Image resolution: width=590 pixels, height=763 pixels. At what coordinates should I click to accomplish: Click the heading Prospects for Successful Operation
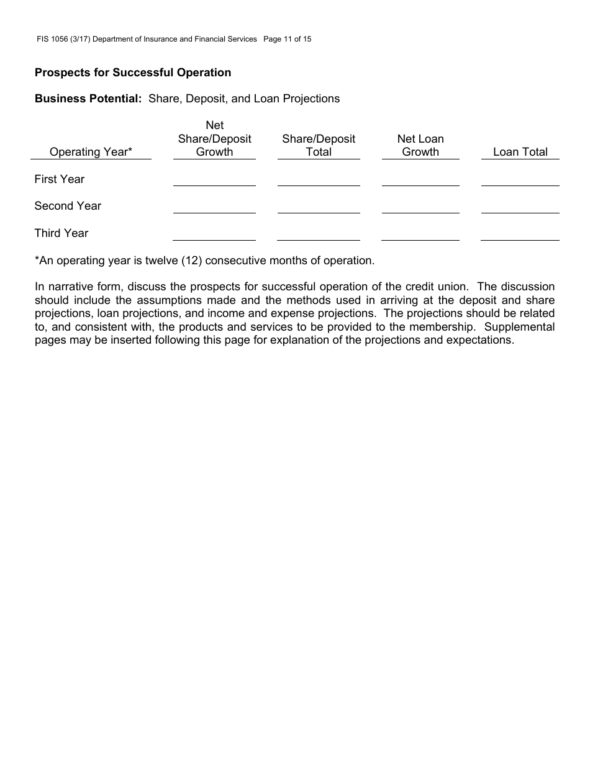pyautogui.click(x=133, y=73)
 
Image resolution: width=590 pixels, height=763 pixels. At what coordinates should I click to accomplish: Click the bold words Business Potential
pyautogui.click(x=88, y=99)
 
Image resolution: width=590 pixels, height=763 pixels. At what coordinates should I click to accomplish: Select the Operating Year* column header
pyautogui.click(x=91, y=152)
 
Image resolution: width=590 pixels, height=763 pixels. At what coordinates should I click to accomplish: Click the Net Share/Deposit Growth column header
pyautogui.click(x=214, y=139)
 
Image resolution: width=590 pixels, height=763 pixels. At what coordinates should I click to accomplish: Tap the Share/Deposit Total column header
pyautogui.click(x=319, y=145)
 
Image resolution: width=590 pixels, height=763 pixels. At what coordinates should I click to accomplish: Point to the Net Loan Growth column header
pyautogui.click(x=420, y=145)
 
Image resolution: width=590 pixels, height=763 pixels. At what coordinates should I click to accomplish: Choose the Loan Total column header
pyautogui.click(x=520, y=152)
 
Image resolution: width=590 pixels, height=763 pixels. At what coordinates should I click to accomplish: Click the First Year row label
pyautogui.click(x=60, y=179)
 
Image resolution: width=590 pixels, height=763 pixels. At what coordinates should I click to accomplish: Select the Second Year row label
pyautogui.click(x=68, y=206)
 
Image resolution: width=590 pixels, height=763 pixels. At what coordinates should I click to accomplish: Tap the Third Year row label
pyautogui.click(x=61, y=233)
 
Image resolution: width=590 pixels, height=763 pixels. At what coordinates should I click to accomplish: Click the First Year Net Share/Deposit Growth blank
pyautogui.click(x=214, y=180)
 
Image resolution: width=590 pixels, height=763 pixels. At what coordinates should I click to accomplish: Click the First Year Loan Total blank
pyautogui.click(x=520, y=180)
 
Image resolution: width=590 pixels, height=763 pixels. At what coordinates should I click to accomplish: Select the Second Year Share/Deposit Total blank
pyautogui.click(x=319, y=207)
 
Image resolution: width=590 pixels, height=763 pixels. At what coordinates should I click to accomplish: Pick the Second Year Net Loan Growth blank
pyautogui.click(x=420, y=207)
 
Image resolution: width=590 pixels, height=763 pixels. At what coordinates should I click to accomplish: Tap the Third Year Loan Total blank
pyautogui.click(x=520, y=234)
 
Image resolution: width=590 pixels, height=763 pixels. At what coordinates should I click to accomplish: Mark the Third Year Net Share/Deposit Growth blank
pyautogui.click(x=214, y=234)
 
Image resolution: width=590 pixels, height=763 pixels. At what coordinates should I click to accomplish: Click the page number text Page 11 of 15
pyautogui.click(x=287, y=39)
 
